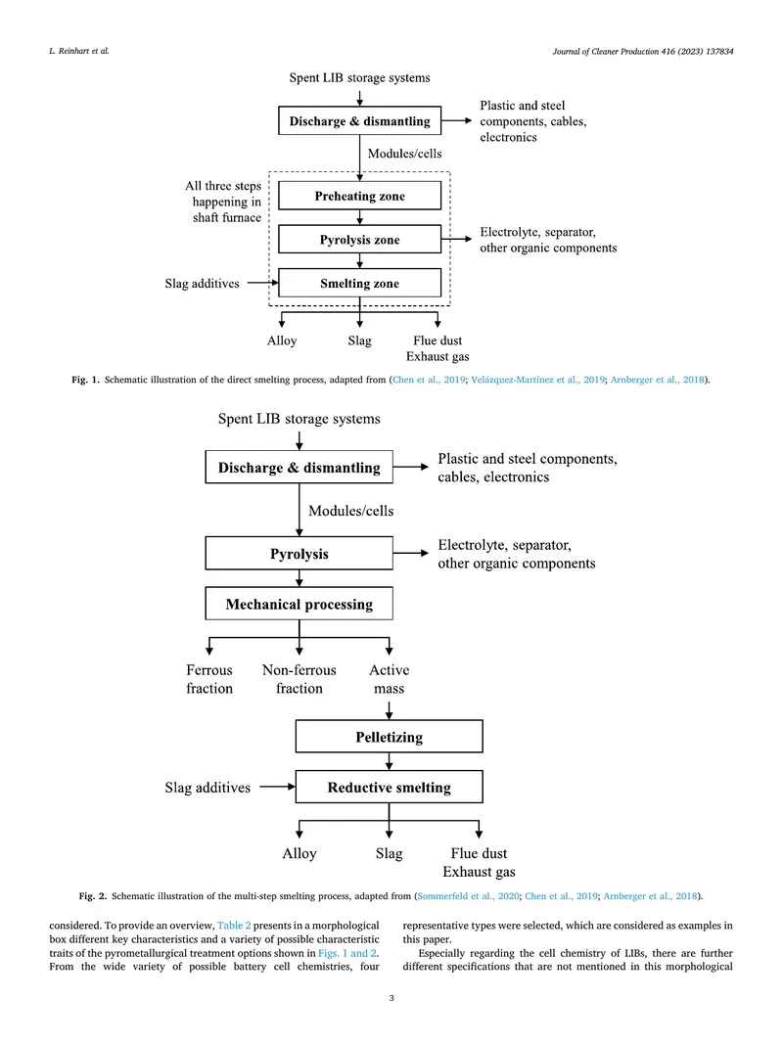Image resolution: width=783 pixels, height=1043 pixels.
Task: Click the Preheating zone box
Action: tap(359, 196)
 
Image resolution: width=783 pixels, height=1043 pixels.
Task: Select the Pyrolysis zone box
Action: tap(359, 240)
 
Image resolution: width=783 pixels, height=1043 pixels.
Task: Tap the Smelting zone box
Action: tap(359, 283)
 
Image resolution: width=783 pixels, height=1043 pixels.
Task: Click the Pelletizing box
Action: tap(390, 737)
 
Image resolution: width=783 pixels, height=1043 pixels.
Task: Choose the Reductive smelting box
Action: tap(390, 787)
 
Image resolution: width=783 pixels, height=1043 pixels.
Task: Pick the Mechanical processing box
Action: tap(299, 604)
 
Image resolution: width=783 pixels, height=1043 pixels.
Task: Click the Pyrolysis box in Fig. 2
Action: tap(299, 554)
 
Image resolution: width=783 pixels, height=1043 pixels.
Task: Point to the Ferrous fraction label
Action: tap(209, 679)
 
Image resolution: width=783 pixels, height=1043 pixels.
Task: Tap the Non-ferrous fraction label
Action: tap(299, 679)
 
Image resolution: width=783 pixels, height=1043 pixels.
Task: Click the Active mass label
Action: tap(390, 679)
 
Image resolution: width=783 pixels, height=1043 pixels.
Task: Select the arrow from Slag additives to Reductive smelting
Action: tap(277, 787)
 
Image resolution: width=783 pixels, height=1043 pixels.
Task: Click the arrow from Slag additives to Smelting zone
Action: tap(262, 283)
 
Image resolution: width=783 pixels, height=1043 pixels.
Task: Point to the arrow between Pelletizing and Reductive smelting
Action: tap(390, 761)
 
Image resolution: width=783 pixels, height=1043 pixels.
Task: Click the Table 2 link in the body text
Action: tap(234, 926)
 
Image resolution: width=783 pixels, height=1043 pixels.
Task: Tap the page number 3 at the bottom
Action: tap(391, 998)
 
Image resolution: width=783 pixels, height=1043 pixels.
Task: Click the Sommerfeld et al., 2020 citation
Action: tap(469, 896)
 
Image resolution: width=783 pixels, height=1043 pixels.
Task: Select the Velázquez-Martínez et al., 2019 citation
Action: tap(538, 380)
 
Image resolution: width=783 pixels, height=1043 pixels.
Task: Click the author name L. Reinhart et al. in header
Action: tap(79, 51)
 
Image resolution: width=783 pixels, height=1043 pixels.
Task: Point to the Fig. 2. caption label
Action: tap(92, 896)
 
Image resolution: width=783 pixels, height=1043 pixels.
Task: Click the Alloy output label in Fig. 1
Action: tap(282, 340)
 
